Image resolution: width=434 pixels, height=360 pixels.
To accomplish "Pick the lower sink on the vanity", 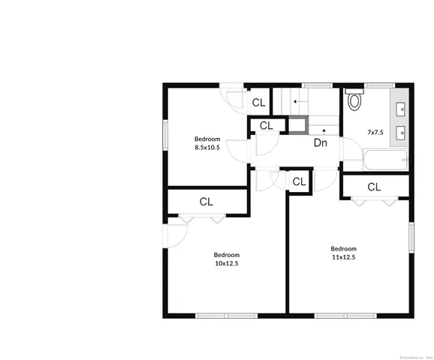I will pos(401,133).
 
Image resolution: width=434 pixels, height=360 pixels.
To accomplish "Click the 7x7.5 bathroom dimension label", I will pos(375,132).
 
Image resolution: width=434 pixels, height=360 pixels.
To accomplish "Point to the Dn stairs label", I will pos(321,142).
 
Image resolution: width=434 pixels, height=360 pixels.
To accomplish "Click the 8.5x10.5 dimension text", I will pos(207,148).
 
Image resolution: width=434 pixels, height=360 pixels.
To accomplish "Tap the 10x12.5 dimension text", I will pos(226,263).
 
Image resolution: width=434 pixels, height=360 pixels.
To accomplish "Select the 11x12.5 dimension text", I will pos(343,257).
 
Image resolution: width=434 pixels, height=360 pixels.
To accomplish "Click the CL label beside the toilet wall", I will pos(258,103).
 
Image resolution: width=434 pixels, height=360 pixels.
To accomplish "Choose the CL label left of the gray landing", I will pos(266,126).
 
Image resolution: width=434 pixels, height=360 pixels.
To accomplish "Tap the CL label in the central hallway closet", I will pos(299,181).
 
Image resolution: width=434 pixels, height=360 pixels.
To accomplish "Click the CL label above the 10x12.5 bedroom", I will pos(206,202).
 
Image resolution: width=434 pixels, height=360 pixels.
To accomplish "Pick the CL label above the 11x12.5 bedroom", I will pos(375,187).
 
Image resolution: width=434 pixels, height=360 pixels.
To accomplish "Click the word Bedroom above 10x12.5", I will pos(226,254).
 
